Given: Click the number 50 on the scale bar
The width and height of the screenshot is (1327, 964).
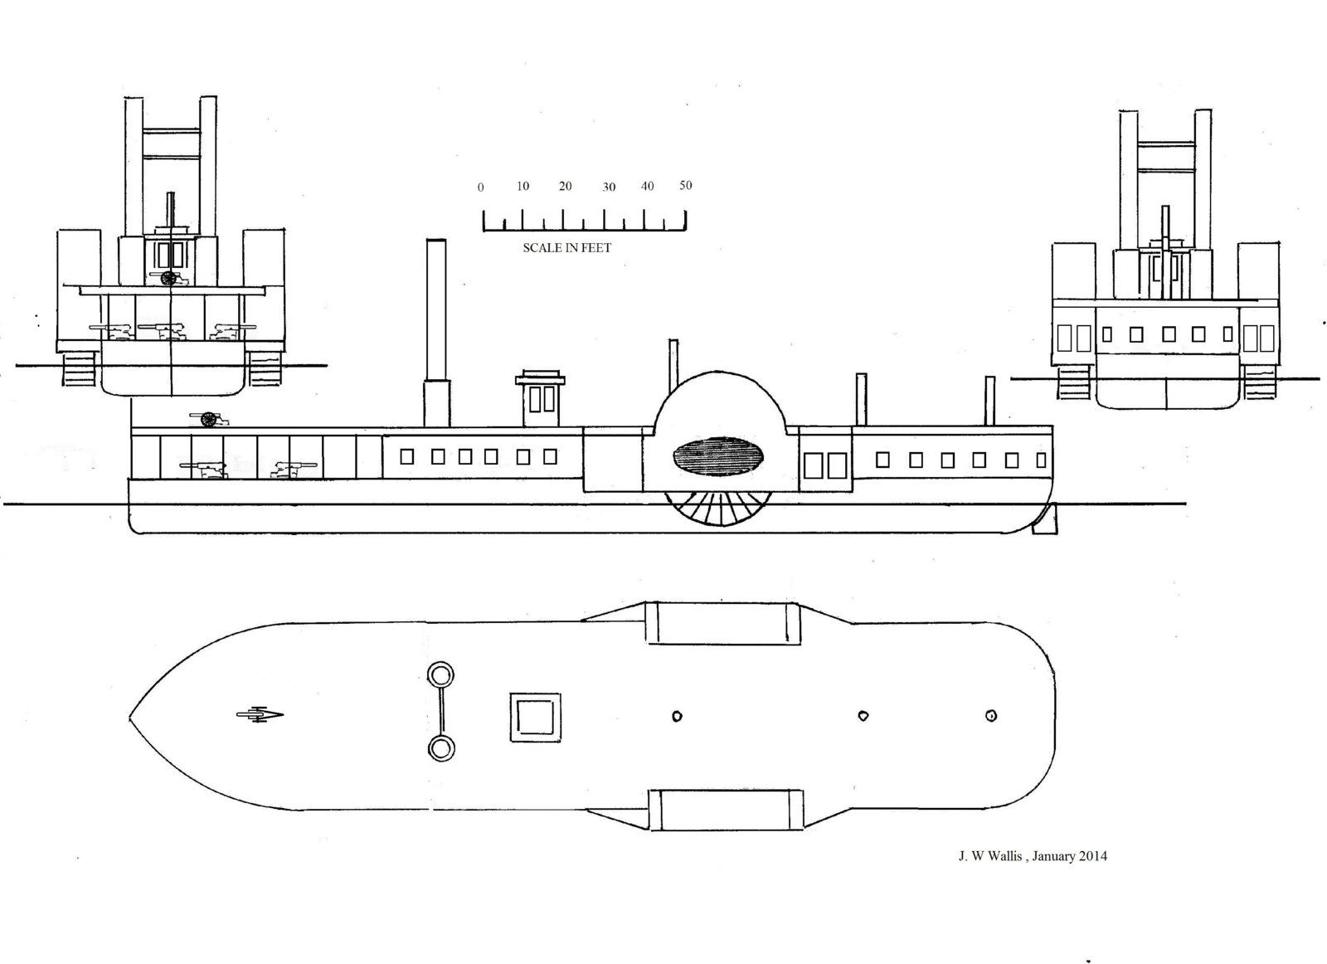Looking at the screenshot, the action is point(685,186).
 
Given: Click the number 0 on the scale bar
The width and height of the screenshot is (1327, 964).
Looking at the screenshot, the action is point(480,187).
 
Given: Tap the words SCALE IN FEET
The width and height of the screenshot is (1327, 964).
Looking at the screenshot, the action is point(566,248).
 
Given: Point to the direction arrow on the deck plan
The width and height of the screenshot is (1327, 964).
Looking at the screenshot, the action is point(260,714).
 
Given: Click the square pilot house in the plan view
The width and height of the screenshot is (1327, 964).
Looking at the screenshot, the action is point(535,717).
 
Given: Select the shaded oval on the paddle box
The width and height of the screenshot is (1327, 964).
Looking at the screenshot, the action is point(718,456).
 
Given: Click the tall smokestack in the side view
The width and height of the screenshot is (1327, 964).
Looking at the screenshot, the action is point(436,333).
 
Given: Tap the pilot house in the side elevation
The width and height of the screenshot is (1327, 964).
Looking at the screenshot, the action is point(540,399).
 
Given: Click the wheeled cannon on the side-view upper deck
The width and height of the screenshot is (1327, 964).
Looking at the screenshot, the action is point(208,420).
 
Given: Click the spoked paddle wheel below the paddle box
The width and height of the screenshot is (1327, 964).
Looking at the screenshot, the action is point(718,509).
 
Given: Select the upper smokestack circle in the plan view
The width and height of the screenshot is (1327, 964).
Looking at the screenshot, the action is point(440,675).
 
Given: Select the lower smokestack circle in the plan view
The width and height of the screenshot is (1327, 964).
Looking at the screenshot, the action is point(440,749).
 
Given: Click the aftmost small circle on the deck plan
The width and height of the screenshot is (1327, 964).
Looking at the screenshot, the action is point(990,716).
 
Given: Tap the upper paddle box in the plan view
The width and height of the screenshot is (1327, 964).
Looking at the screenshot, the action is point(722,623).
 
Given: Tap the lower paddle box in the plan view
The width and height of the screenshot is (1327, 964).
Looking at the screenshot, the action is point(727,810).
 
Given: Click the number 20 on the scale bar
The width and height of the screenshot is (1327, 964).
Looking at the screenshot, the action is point(565,186).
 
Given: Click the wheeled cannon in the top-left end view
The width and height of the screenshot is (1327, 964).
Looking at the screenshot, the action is point(170,277).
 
